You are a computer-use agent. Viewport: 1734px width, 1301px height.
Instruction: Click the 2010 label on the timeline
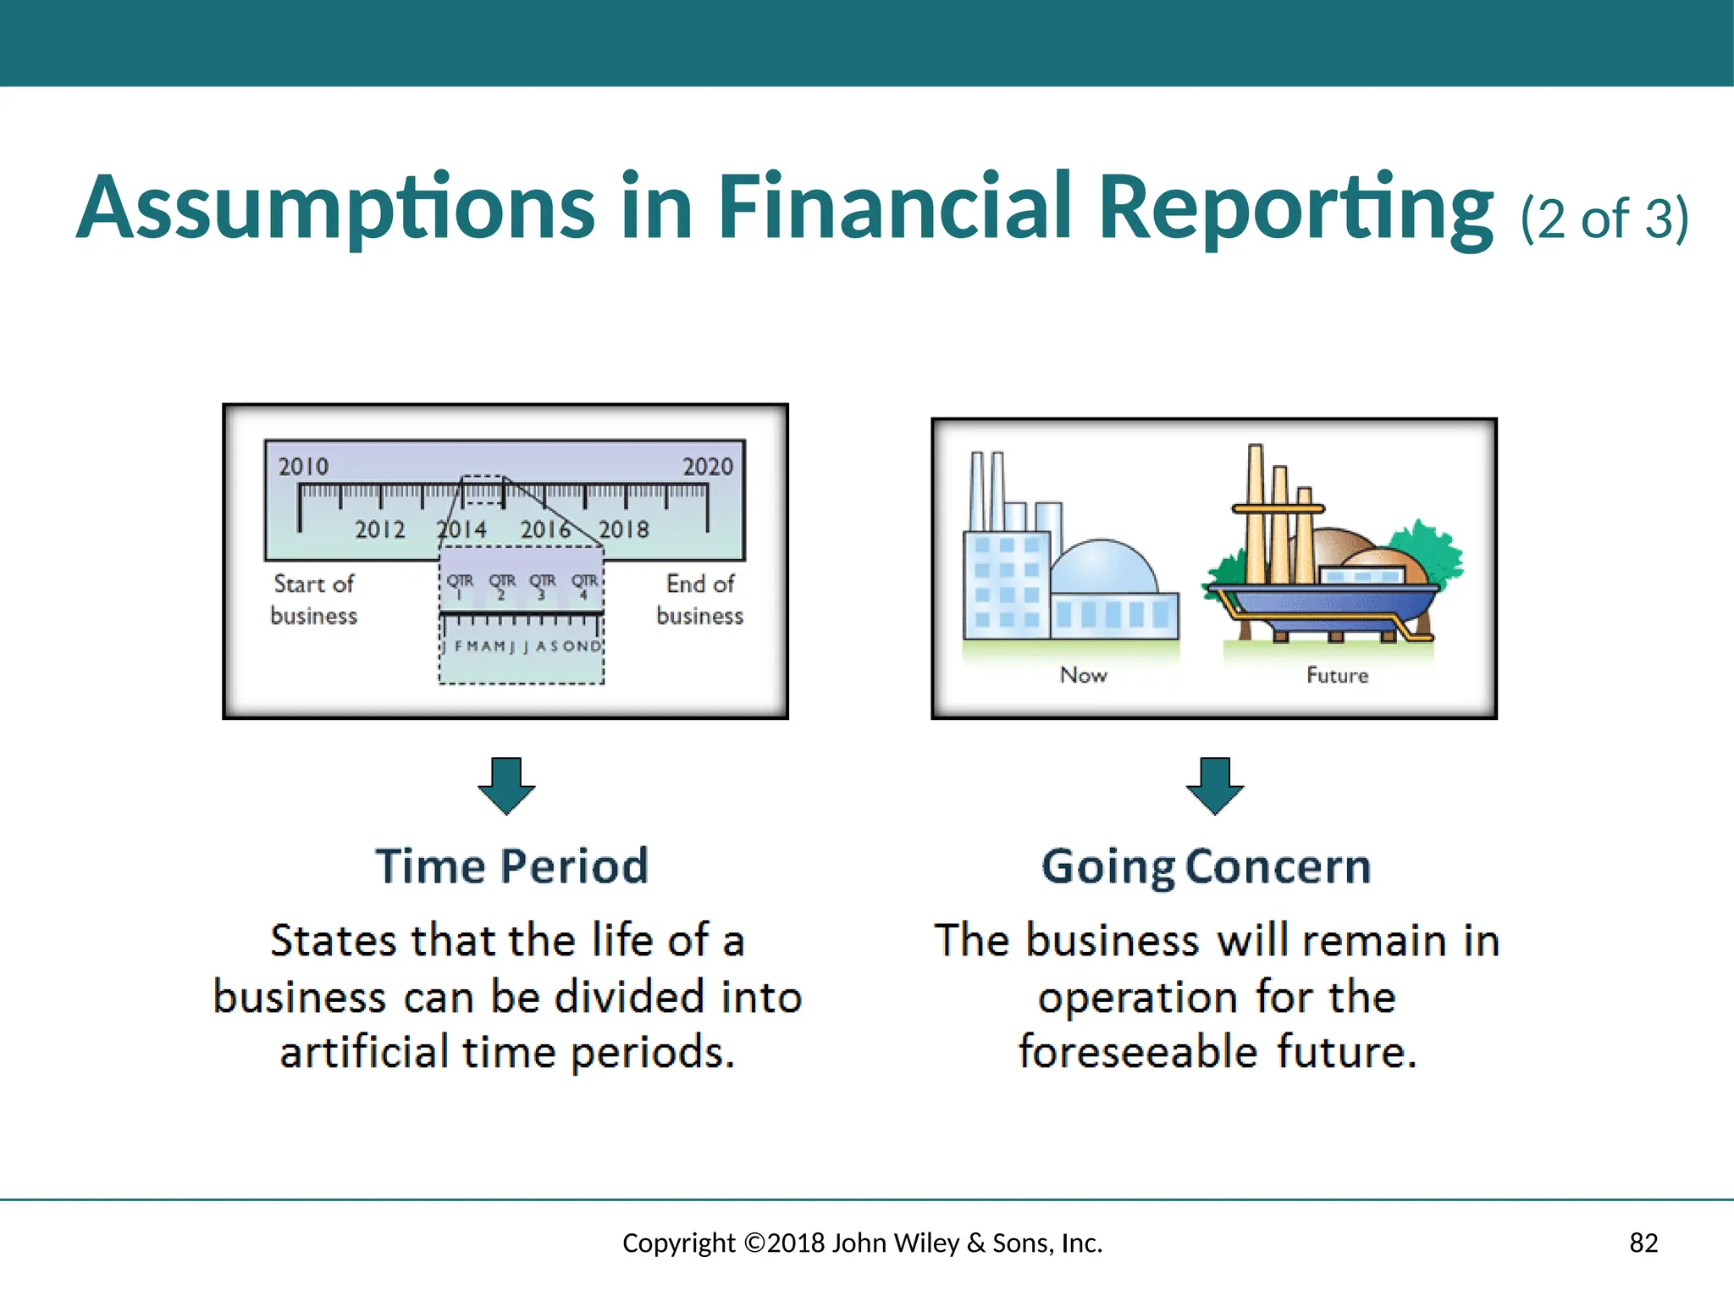click(x=303, y=467)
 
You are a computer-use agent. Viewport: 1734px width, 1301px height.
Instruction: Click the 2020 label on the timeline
click(x=708, y=467)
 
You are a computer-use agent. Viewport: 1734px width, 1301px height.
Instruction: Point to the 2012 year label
click(x=379, y=529)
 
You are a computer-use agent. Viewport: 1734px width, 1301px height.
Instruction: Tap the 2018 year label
click(x=624, y=529)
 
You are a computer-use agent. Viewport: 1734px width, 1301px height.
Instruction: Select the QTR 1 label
click(x=460, y=585)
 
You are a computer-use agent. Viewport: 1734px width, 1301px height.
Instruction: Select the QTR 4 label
click(x=584, y=585)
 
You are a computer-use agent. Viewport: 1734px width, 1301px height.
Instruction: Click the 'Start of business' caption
click(x=314, y=600)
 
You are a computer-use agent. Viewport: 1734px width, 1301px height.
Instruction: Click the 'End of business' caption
click(x=700, y=600)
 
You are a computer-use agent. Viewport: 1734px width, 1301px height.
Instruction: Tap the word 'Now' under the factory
click(x=1084, y=675)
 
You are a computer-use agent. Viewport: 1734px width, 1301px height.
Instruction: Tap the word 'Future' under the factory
click(x=1337, y=675)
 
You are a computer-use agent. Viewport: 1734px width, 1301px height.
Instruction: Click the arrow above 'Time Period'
click(x=506, y=785)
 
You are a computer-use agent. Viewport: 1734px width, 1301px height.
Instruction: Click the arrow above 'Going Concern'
click(x=1215, y=785)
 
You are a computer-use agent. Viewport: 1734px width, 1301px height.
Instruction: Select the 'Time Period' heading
click(x=512, y=866)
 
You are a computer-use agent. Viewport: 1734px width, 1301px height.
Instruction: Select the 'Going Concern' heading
click(x=1206, y=866)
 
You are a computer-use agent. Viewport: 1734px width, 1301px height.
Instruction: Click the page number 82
click(x=1643, y=1243)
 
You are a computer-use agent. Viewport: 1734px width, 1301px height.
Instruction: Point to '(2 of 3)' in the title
click(x=1604, y=219)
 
